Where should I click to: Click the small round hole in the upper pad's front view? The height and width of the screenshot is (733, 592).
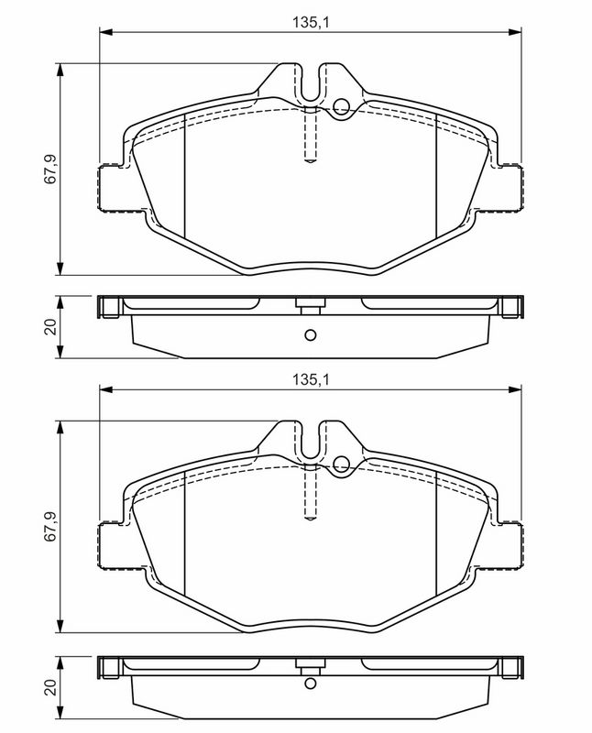pos(342,106)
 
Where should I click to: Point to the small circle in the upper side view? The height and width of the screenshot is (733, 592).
pos(310,334)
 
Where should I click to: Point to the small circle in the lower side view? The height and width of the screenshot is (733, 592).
pos(310,694)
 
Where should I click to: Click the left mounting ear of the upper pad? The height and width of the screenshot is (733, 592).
pos(112,187)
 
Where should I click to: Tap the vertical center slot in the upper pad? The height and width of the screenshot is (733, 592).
pos(310,136)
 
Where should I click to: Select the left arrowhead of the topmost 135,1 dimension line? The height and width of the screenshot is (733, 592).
pos(104,34)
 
